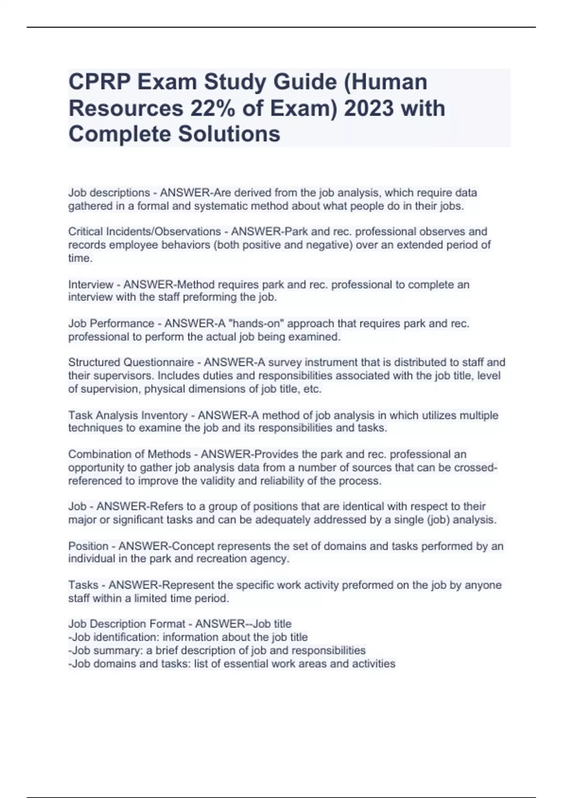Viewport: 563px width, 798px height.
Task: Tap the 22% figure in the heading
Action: pos(213,108)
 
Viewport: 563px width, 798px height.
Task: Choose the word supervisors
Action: pos(119,376)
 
